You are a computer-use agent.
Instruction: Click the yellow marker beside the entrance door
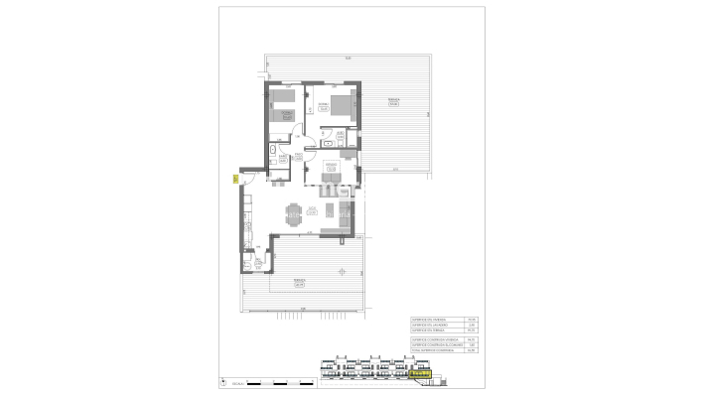point(234,180)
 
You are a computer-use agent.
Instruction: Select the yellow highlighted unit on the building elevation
point(422,375)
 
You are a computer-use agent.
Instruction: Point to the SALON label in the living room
point(312,209)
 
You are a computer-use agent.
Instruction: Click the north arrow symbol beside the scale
point(223,382)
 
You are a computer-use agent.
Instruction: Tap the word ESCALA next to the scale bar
point(238,382)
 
